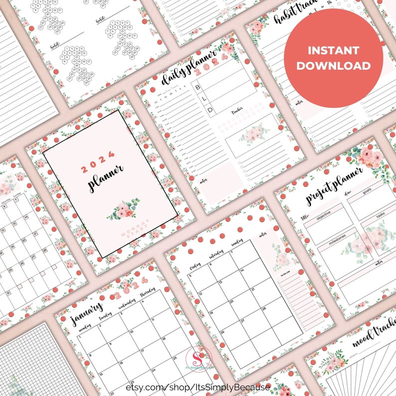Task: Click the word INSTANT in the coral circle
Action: pyautogui.click(x=333, y=50)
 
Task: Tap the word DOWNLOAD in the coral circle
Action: pyautogui.click(x=333, y=66)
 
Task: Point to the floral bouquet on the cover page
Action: pyautogui.click(x=123, y=209)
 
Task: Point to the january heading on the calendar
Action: pyautogui.click(x=87, y=312)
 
